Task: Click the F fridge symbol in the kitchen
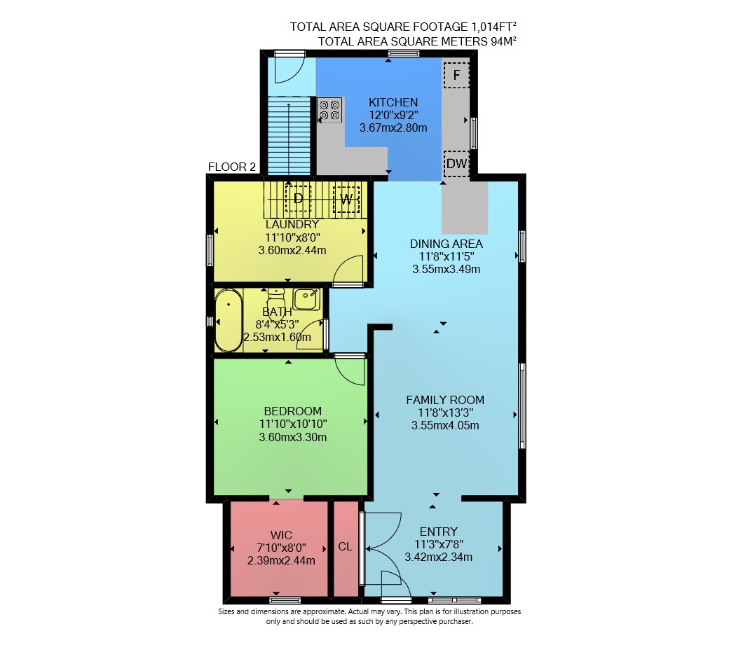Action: (x=456, y=75)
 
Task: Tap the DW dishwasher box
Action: (x=456, y=163)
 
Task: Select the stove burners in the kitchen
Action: (x=329, y=110)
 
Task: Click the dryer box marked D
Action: (x=298, y=199)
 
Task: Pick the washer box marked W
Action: (x=346, y=199)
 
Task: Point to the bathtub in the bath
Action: (x=229, y=320)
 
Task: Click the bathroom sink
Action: (x=306, y=300)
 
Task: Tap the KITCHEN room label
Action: (x=393, y=102)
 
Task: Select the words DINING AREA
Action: (x=447, y=244)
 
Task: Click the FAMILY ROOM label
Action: (x=445, y=400)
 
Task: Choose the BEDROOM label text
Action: (x=293, y=411)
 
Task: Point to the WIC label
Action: (x=281, y=536)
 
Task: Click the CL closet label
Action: (x=345, y=546)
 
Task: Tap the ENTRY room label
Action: (x=438, y=532)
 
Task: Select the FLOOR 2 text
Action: (x=232, y=167)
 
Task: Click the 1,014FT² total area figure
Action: (x=494, y=27)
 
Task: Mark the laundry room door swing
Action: (x=348, y=270)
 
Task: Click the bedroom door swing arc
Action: (x=350, y=370)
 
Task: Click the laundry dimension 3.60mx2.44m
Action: (x=292, y=250)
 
